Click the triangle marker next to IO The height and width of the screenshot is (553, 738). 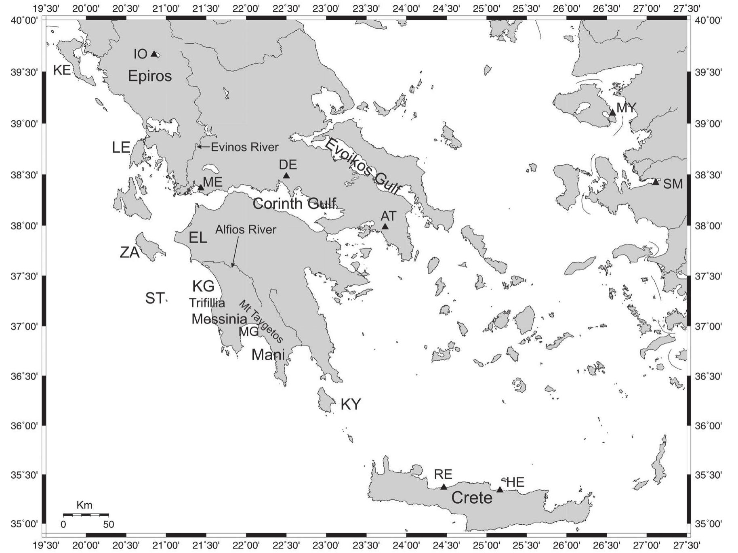point(154,54)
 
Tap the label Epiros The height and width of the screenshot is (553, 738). point(150,76)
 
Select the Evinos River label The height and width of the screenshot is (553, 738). point(244,147)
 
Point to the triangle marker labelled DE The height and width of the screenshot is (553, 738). point(286,175)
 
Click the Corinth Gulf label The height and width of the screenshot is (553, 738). point(294,204)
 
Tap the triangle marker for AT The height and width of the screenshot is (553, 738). point(385,226)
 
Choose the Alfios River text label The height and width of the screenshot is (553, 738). point(246,230)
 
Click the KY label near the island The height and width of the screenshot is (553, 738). point(351,404)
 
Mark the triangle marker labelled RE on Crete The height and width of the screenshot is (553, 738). point(444,487)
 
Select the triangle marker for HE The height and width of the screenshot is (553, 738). point(500,490)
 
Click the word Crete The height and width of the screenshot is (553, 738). point(472,498)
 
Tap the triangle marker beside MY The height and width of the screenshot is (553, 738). point(612,112)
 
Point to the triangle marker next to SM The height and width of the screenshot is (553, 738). point(656,182)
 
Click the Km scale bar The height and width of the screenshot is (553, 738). point(86,515)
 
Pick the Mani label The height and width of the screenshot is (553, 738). point(268,355)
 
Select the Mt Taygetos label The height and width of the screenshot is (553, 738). point(261,321)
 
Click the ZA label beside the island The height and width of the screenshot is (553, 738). point(130,253)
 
